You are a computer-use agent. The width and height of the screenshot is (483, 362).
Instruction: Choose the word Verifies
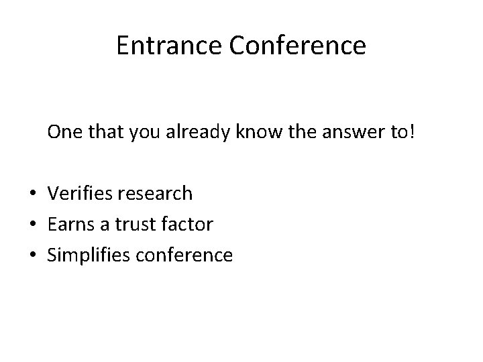point(78,194)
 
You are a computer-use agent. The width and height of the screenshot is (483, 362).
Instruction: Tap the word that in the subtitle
point(119,133)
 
